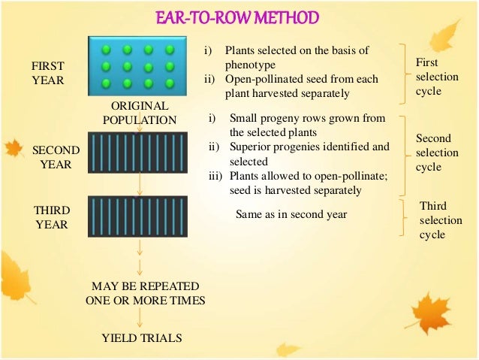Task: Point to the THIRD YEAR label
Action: [x=52, y=216]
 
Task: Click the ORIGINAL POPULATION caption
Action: [x=140, y=113]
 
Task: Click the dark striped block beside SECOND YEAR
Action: [x=138, y=153]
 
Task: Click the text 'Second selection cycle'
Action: [x=434, y=153]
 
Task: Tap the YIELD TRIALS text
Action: [x=141, y=339]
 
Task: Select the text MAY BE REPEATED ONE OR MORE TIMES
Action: [x=145, y=294]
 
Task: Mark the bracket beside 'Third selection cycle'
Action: [x=405, y=219]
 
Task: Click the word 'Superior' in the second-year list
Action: [x=250, y=147]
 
